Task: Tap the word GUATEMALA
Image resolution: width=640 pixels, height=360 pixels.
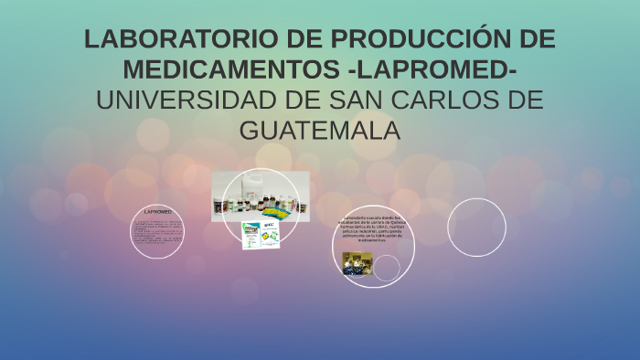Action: [320, 130]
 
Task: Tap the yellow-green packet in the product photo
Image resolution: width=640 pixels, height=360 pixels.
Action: [290, 207]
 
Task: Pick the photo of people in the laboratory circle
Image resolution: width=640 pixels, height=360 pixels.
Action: [357, 263]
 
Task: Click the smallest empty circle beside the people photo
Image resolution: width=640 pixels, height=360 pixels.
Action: [387, 268]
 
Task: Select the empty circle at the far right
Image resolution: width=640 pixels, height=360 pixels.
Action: [476, 227]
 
